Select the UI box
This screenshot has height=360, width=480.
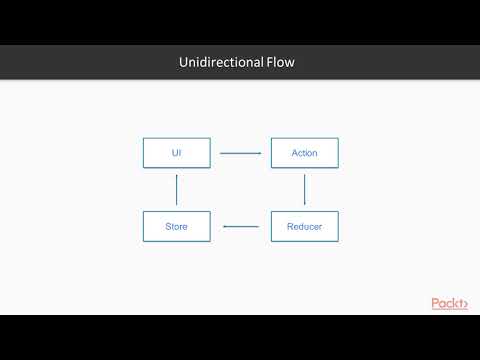(177, 153)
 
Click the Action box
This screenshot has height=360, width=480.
(304, 153)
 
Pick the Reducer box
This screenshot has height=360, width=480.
(304, 227)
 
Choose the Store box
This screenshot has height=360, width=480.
(177, 227)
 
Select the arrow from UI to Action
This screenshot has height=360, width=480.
(240, 153)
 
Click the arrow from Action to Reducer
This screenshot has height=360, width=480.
(304, 190)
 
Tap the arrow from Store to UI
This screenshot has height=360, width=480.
(177, 190)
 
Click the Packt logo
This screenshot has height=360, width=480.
(449, 302)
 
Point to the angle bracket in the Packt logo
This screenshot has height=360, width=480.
(464, 303)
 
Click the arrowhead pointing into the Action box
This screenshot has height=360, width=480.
(259, 153)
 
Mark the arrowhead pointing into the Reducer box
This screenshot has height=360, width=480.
(304, 202)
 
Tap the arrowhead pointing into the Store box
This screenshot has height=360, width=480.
(225, 227)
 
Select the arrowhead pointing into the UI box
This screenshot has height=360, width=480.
(177, 177)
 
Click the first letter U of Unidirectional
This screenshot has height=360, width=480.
(183, 63)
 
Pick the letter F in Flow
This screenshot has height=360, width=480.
(269, 63)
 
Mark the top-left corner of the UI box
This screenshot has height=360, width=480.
(144, 139)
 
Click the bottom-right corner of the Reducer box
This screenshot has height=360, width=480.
(338, 241)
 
